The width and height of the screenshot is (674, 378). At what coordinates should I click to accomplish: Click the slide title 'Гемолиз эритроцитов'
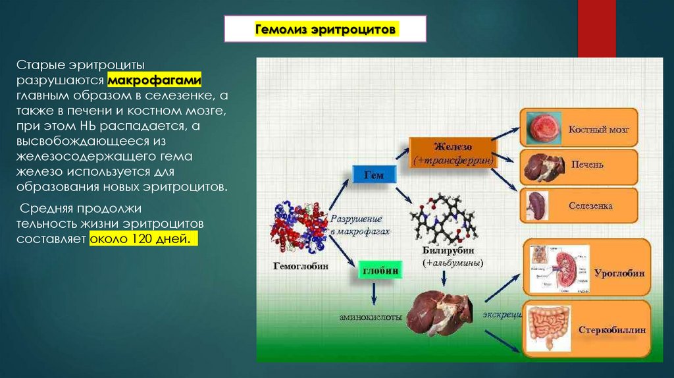[x=325, y=31]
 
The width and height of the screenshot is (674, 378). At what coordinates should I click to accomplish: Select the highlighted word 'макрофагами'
[x=155, y=80]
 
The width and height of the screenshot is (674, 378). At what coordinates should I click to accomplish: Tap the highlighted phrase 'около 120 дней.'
[x=143, y=240]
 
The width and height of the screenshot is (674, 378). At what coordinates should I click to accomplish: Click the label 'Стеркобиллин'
[x=611, y=330]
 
